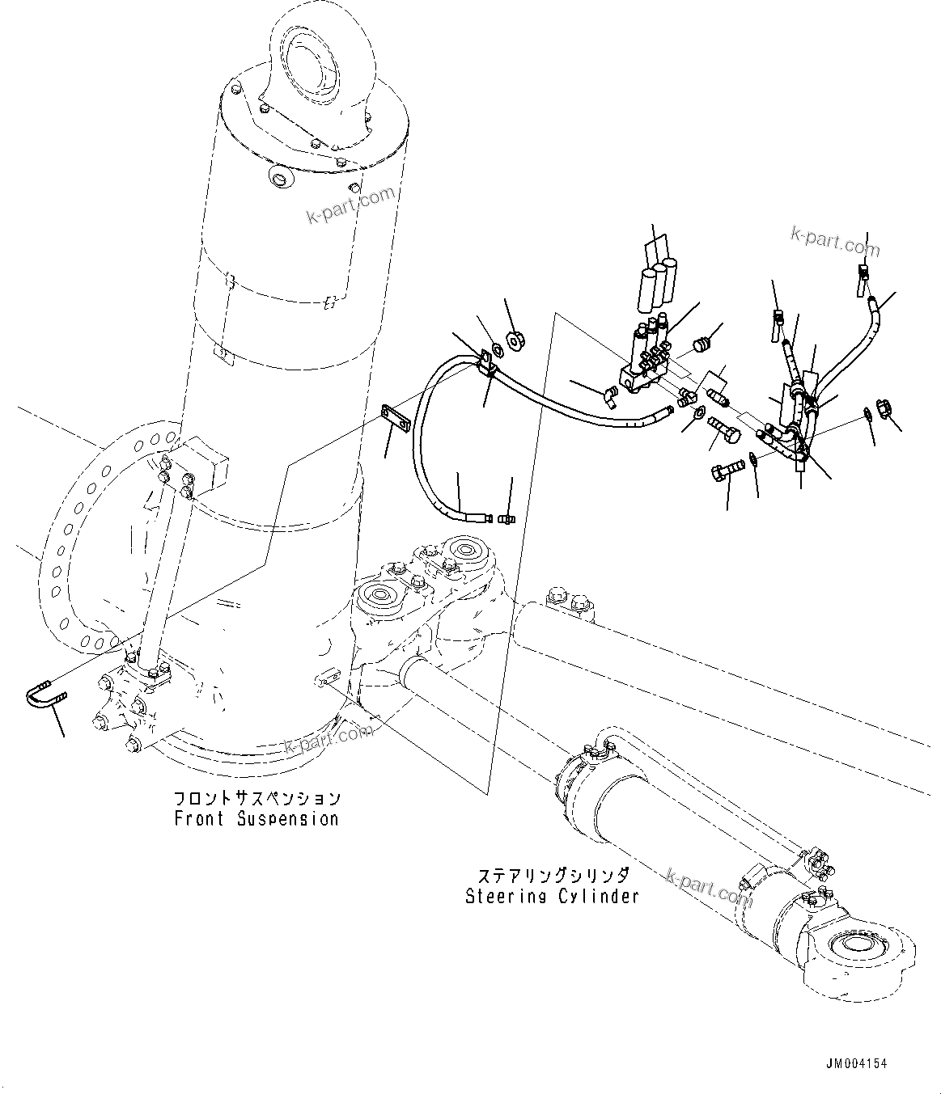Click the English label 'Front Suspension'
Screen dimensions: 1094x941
pyautogui.click(x=256, y=818)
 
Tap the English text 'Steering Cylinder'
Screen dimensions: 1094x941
pyautogui.click(x=552, y=896)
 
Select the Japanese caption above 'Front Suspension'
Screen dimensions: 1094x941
pyautogui.click(x=256, y=798)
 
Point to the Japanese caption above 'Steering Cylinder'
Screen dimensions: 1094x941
pyautogui.click(x=553, y=876)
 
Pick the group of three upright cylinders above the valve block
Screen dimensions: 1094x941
pyautogui.click(x=656, y=283)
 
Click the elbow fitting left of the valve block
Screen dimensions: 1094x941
pyautogui.click(x=608, y=395)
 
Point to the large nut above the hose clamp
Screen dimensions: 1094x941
pyautogui.click(x=514, y=336)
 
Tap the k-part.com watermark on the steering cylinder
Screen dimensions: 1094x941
pyautogui.click(x=708, y=888)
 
